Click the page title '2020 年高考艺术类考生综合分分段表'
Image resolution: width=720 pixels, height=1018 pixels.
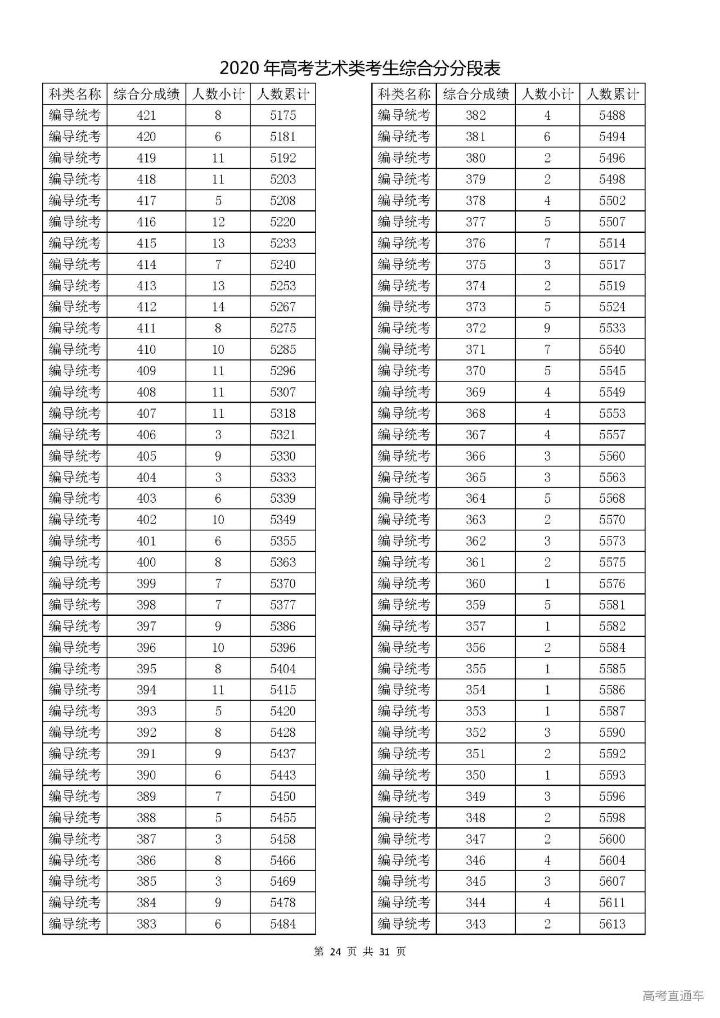pos(359,69)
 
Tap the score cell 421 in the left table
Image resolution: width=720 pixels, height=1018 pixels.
pos(146,115)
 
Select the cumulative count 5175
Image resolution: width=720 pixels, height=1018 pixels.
pos(282,115)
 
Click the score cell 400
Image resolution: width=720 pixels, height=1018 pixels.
pos(146,562)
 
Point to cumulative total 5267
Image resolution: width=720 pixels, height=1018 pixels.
pos(282,307)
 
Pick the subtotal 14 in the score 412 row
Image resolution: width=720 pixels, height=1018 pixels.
pos(218,307)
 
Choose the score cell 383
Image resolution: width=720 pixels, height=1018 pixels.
pos(146,924)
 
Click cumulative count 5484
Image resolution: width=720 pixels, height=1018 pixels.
pos(282,924)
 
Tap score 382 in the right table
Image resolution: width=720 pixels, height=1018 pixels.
pos(475,115)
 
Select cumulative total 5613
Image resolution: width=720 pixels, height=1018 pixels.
pos(612,924)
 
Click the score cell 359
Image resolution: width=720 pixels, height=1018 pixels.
pos(475,605)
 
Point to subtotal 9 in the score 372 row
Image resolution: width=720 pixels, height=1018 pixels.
pos(547,328)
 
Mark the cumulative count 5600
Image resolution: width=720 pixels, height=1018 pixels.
pos(612,839)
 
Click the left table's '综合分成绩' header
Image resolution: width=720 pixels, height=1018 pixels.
pos(146,94)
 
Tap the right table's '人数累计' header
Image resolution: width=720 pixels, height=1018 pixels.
pos(612,94)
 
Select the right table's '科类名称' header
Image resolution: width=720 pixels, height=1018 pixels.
pos(404,94)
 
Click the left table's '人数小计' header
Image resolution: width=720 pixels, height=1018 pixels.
pos(218,94)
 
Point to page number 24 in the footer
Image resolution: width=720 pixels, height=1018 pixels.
pos(336,952)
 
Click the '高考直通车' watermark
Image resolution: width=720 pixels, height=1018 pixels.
pos(673,996)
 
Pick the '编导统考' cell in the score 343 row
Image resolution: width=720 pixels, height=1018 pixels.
pos(404,924)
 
